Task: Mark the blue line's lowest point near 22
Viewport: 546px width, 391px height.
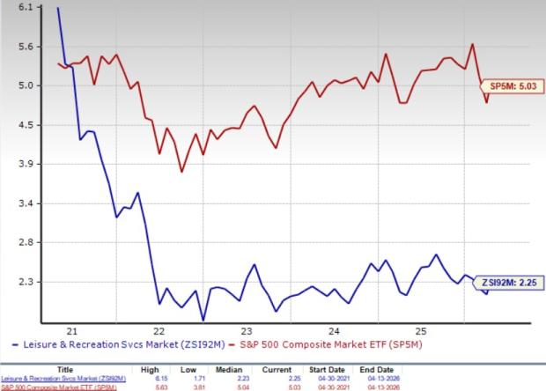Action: tap(203, 320)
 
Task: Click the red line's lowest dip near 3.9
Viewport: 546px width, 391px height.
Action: tap(182, 171)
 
